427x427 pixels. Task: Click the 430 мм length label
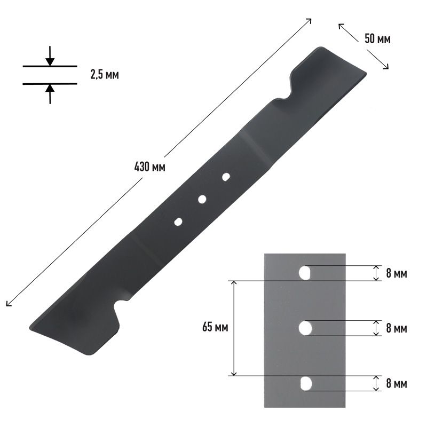coord(150,167)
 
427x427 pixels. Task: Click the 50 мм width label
coord(377,39)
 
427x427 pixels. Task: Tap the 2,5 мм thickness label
coord(105,74)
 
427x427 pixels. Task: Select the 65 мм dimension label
coord(215,327)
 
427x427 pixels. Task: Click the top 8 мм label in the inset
coord(397,273)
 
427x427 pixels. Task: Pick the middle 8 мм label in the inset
coord(397,329)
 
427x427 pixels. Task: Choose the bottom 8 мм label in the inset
coord(397,384)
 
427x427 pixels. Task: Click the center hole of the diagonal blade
coord(202,199)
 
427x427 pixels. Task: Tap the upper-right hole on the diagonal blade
coord(226,177)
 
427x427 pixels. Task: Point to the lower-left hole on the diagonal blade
coord(178,222)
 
